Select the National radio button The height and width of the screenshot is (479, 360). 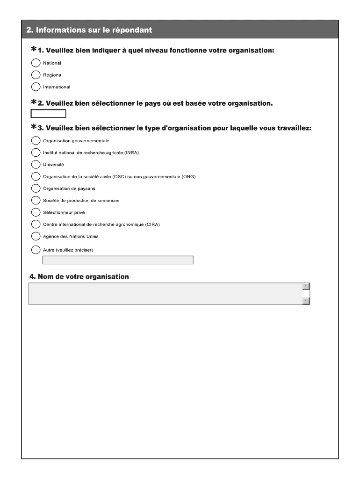36,63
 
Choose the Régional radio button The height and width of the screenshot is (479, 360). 36,75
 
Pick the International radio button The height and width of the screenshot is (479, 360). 36,87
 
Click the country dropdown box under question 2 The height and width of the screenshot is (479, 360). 48,113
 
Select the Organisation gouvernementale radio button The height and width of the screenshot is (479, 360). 36,140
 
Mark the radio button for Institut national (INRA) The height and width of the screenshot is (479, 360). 36,152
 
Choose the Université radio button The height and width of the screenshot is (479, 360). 36,164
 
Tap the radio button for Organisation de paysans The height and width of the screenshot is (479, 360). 36,189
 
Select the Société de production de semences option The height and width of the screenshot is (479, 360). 36,200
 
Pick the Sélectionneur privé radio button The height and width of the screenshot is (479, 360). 36,212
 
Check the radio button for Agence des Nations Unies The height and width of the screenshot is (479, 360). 36,236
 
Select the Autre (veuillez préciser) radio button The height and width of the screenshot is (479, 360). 36,250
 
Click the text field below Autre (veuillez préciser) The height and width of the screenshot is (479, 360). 117,260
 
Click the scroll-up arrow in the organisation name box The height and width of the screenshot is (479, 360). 306,286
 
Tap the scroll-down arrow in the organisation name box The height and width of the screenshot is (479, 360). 306,301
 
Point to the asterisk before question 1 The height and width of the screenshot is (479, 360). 34,50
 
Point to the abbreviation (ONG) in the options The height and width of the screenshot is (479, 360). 188,176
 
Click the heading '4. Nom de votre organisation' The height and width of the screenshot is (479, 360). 79,276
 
